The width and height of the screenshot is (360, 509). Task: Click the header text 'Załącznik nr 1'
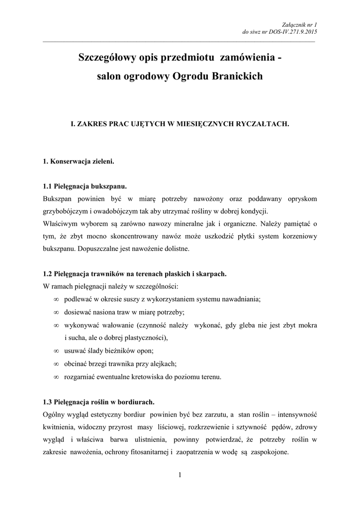coord(299,24)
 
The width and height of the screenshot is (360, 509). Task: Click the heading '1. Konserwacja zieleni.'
coord(79,162)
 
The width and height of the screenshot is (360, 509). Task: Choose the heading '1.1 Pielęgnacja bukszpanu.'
coord(85,187)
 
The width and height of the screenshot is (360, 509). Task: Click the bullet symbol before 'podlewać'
coord(56,299)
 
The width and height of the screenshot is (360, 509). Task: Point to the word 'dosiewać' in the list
coord(78,312)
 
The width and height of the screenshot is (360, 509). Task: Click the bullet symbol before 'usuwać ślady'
coord(56,351)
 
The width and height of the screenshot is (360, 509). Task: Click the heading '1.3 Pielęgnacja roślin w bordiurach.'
coord(99,402)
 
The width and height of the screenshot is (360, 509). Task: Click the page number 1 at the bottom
coord(180,477)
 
